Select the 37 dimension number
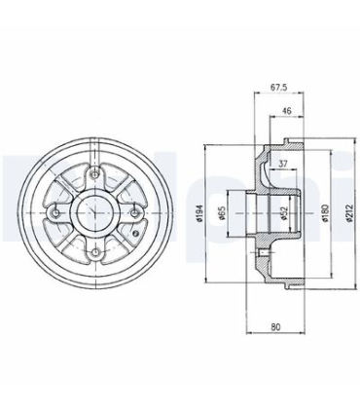point(282,164)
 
